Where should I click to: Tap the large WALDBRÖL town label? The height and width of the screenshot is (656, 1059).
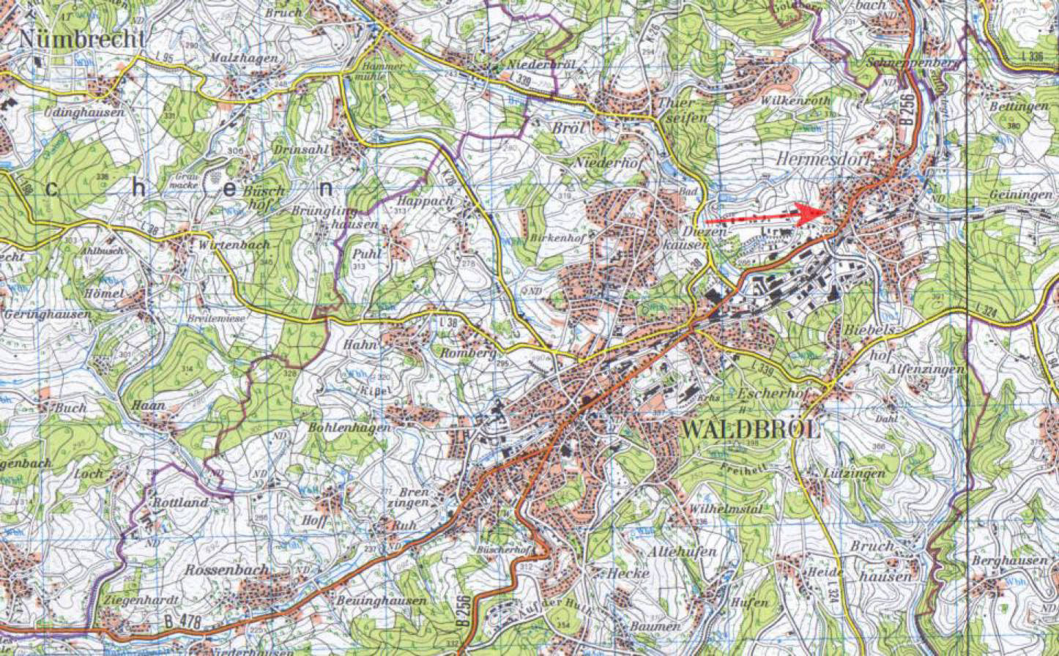point(750,430)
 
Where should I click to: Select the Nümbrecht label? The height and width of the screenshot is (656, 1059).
point(82,39)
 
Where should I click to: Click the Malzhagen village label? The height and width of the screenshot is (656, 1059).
point(233,58)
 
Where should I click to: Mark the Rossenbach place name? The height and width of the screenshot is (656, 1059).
point(226,569)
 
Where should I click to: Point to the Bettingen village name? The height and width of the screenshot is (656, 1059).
point(1019,107)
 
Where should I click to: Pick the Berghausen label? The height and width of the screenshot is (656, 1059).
point(1009,561)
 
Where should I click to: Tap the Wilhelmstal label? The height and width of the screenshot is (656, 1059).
point(726,508)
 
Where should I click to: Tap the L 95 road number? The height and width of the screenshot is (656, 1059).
point(165,58)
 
